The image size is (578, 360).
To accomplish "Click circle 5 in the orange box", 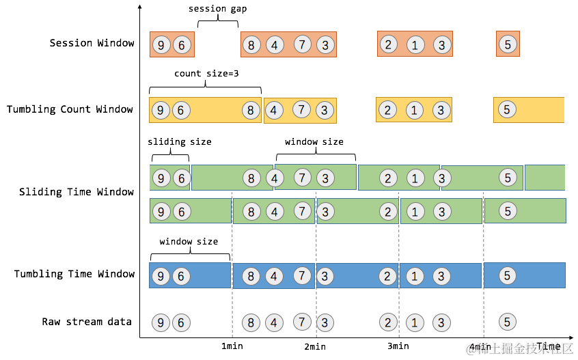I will click(x=508, y=44).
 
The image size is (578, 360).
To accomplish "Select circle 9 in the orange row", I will click(x=161, y=46).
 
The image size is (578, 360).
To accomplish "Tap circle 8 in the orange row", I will click(x=251, y=46).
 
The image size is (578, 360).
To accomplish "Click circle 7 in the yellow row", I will click(x=302, y=109).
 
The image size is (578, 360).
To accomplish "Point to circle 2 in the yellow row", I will click(x=387, y=110).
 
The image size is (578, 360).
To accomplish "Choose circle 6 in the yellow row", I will click(x=181, y=110).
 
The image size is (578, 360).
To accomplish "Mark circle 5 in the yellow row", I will click(x=507, y=109).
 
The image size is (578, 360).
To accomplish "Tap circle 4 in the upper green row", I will click(x=274, y=179).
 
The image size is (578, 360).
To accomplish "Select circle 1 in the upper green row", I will click(x=415, y=178).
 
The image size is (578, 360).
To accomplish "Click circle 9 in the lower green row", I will click(x=161, y=212).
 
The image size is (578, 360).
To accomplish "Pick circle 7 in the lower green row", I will click(x=303, y=210).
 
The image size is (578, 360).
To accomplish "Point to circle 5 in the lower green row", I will click(x=508, y=210).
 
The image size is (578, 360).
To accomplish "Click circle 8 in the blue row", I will click(x=251, y=277).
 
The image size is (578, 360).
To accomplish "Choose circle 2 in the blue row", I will click(x=388, y=277).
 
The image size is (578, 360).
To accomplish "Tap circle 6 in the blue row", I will click(x=181, y=277).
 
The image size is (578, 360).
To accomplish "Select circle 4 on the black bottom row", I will click(x=274, y=323).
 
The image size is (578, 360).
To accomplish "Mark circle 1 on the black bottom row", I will click(x=415, y=323).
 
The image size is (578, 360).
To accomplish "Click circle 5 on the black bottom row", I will click(x=508, y=322).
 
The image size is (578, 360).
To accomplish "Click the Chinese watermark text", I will click(x=519, y=348).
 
